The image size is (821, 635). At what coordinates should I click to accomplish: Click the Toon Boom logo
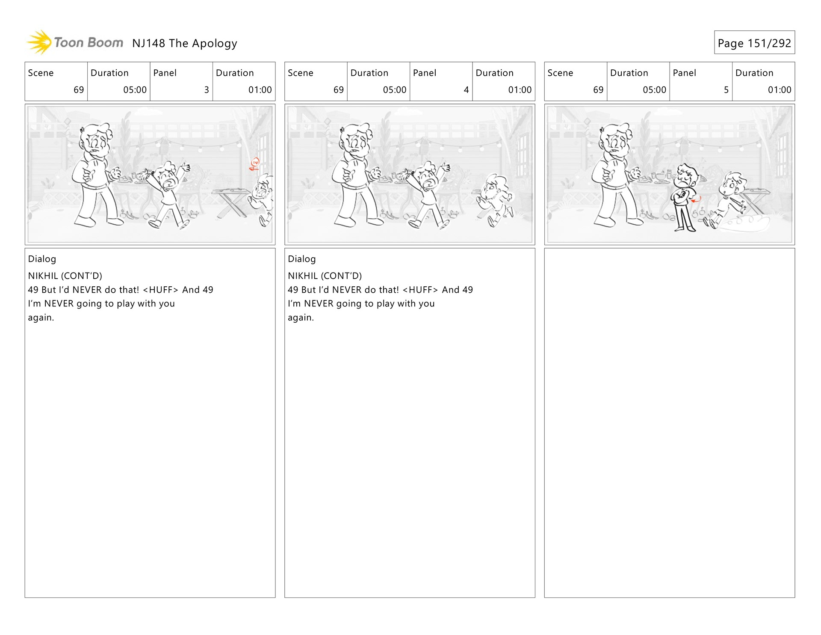click(75, 42)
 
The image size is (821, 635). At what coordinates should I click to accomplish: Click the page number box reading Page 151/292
click(754, 42)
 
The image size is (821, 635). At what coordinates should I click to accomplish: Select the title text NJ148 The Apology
click(185, 43)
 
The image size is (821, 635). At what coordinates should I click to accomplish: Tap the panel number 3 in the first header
click(207, 90)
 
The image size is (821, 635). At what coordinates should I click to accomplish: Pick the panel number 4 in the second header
click(466, 90)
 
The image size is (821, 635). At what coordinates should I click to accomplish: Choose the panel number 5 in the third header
click(726, 90)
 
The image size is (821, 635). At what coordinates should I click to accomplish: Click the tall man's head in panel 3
click(96, 139)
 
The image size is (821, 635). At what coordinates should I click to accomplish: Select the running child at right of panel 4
click(496, 199)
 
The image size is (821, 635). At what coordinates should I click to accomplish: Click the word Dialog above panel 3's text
click(42, 259)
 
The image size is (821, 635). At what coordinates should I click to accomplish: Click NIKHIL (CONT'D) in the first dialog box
click(65, 276)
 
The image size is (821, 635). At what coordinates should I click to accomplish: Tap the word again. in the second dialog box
click(301, 317)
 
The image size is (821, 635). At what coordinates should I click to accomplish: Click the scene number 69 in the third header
click(598, 90)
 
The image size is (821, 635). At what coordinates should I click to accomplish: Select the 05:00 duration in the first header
click(135, 90)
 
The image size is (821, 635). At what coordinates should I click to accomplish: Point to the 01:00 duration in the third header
click(780, 90)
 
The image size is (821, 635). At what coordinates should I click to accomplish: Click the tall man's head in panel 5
click(616, 139)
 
